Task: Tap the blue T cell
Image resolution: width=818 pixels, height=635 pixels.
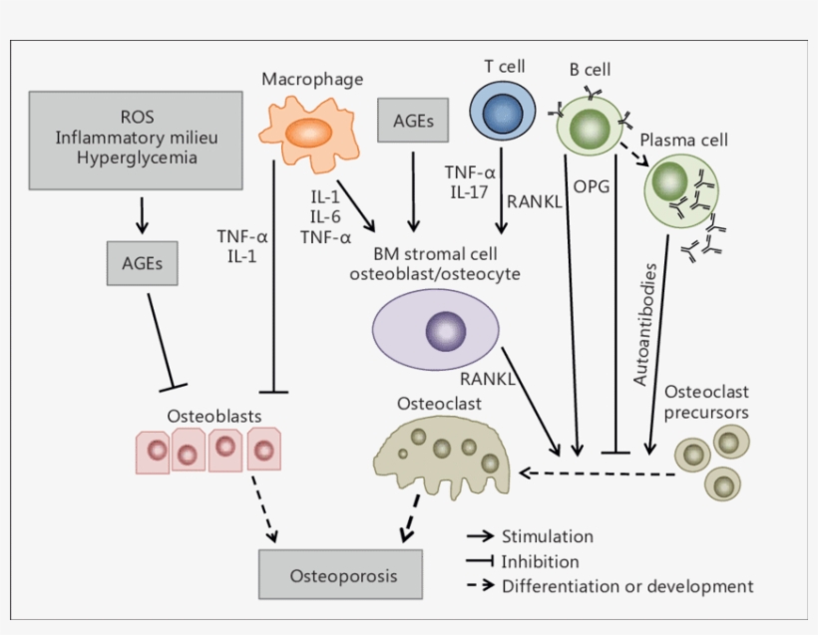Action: point(497,113)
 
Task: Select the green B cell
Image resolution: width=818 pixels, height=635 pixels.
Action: point(591,128)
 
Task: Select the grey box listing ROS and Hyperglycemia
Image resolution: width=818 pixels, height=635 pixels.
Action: point(136,141)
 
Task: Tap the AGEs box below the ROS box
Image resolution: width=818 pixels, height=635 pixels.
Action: point(144,264)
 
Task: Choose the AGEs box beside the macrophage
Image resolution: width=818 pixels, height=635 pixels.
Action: point(413,123)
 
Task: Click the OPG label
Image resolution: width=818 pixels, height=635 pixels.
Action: point(592,185)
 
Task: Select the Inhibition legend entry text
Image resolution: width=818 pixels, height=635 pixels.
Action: point(540,561)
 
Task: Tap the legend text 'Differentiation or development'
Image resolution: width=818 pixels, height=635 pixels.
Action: point(627,586)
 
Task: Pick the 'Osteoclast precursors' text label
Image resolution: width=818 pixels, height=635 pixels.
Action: point(706,402)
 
